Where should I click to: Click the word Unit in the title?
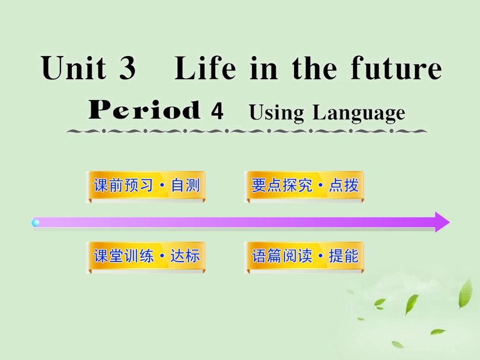74,69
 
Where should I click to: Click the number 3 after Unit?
128,69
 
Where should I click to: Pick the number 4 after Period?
217,112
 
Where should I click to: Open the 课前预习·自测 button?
146,186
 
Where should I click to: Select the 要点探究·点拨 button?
304,186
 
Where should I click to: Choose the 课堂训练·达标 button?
146,256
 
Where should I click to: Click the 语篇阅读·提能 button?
304,256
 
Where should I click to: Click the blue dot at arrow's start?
36,223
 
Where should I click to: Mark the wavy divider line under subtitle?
247,131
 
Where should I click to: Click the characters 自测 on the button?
185,186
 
